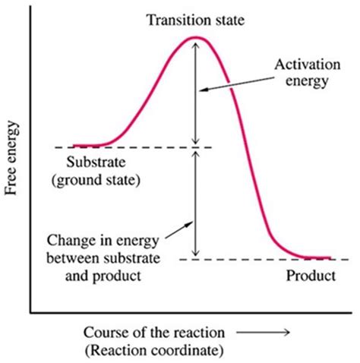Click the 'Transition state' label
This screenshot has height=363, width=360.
[196, 18]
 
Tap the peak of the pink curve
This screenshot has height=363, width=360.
[196, 37]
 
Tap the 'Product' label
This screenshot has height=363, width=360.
[310, 276]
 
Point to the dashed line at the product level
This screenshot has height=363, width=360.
[228, 260]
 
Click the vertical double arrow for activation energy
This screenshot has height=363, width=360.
[196, 91]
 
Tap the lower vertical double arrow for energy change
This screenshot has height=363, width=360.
[196, 204]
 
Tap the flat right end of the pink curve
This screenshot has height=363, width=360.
[315, 259]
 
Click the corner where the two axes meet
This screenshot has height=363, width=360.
[31, 311]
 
